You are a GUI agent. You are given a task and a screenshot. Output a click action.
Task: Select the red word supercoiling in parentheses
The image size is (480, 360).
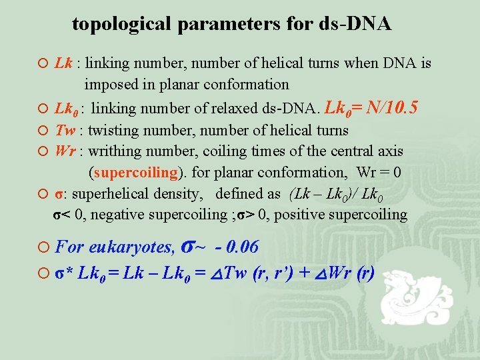136,172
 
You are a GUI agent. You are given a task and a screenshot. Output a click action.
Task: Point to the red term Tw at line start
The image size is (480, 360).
65,130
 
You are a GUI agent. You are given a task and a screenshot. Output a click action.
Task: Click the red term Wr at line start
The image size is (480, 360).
65,151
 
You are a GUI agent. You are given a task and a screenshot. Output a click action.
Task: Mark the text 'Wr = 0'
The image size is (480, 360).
379,172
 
